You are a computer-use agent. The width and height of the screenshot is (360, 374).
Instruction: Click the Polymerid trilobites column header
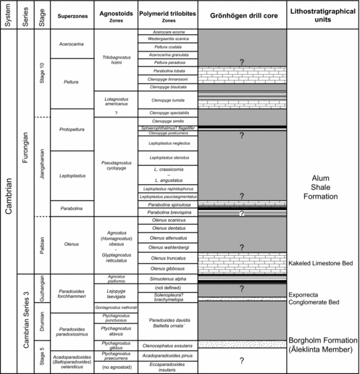pyautogui.click(x=167, y=16)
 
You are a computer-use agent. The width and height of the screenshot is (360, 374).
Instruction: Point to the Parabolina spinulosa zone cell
pyautogui.click(x=167, y=206)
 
